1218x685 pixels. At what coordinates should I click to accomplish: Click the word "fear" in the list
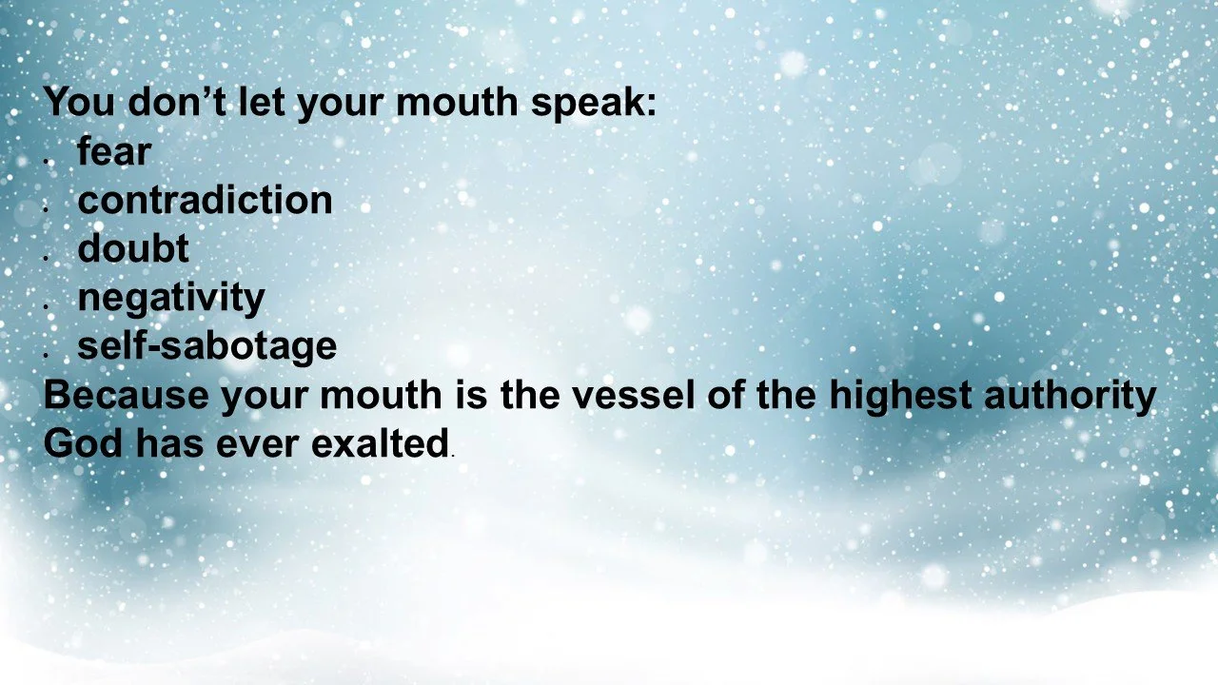tap(114, 152)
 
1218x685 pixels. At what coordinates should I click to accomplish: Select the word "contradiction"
tap(205, 201)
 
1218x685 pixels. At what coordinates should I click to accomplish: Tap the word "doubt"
tap(133, 249)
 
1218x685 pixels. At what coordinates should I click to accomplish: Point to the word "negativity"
tap(171, 299)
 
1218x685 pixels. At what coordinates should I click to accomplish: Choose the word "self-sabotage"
tap(206, 346)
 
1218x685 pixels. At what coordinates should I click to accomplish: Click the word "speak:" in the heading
tap(594, 103)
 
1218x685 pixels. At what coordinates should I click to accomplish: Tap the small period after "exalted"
tap(454, 456)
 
